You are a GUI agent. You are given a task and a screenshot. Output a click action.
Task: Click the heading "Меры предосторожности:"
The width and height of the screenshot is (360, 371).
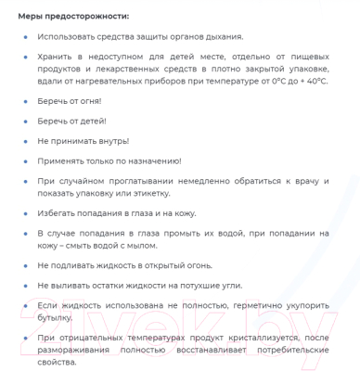(x=73, y=16)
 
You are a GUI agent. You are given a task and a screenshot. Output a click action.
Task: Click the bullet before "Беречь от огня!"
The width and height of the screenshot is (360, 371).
(x=26, y=100)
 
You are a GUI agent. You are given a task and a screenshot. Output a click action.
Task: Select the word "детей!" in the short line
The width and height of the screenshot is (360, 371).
(x=90, y=121)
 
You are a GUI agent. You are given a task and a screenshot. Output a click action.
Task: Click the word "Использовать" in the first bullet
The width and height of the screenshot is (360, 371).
(x=67, y=36)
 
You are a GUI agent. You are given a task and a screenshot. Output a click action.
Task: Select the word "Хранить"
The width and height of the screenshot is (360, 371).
(x=57, y=57)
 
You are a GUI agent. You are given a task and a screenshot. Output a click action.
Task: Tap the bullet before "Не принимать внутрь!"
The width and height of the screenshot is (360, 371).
(x=26, y=141)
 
